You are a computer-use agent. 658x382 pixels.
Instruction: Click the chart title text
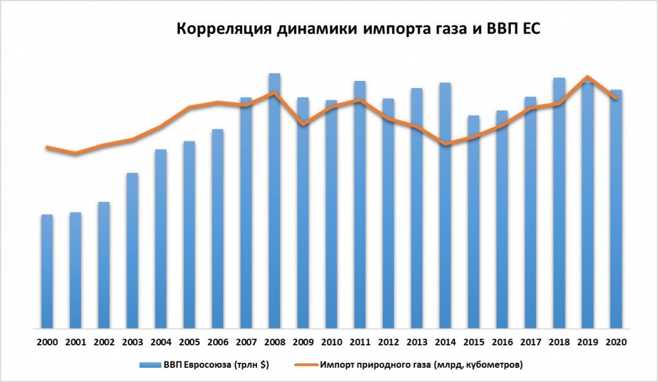pyautogui.click(x=360, y=29)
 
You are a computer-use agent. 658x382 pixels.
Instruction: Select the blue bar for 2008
pyautogui.click(x=274, y=206)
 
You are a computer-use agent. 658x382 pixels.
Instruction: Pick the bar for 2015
pyautogui.click(x=474, y=225)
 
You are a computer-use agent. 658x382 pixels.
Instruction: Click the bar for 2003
pyautogui.click(x=132, y=251)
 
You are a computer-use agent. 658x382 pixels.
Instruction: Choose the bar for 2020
pyautogui.click(x=616, y=212)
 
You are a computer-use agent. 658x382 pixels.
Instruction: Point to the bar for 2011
pyautogui.click(x=360, y=206)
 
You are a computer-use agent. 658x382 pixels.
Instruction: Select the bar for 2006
pyautogui.click(x=217, y=232)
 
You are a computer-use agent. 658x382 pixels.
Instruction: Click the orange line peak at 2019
pyautogui.click(x=587, y=77)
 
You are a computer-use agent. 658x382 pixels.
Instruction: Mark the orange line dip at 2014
pyautogui.click(x=445, y=144)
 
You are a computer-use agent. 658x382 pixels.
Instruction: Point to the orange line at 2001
pyautogui.click(x=75, y=153)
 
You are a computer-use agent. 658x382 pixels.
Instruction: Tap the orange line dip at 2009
pyautogui.click(x=303, y=123)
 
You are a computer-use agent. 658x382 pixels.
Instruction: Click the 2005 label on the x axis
pyautogui.click(x=189, y=342)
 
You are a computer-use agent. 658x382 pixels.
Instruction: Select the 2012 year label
pyautogui.click(x=388, y=342)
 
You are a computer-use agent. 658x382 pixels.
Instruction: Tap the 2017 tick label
pyautogui.click(x=530, y=342)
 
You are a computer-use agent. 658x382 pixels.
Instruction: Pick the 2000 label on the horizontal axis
pyautogui.click(x=47, y=342)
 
